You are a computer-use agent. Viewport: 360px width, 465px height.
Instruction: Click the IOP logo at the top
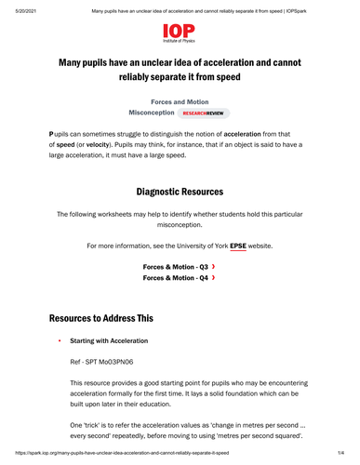[x=180, y=34]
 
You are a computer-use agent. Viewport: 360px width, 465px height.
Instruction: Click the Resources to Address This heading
[x=107, y=318]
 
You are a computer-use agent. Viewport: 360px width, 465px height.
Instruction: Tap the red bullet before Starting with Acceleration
[x=59, y=341]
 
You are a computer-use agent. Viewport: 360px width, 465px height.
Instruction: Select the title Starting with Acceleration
[x=113, y=341]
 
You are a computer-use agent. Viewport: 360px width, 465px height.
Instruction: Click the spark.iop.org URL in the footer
[x=116, y=453]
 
